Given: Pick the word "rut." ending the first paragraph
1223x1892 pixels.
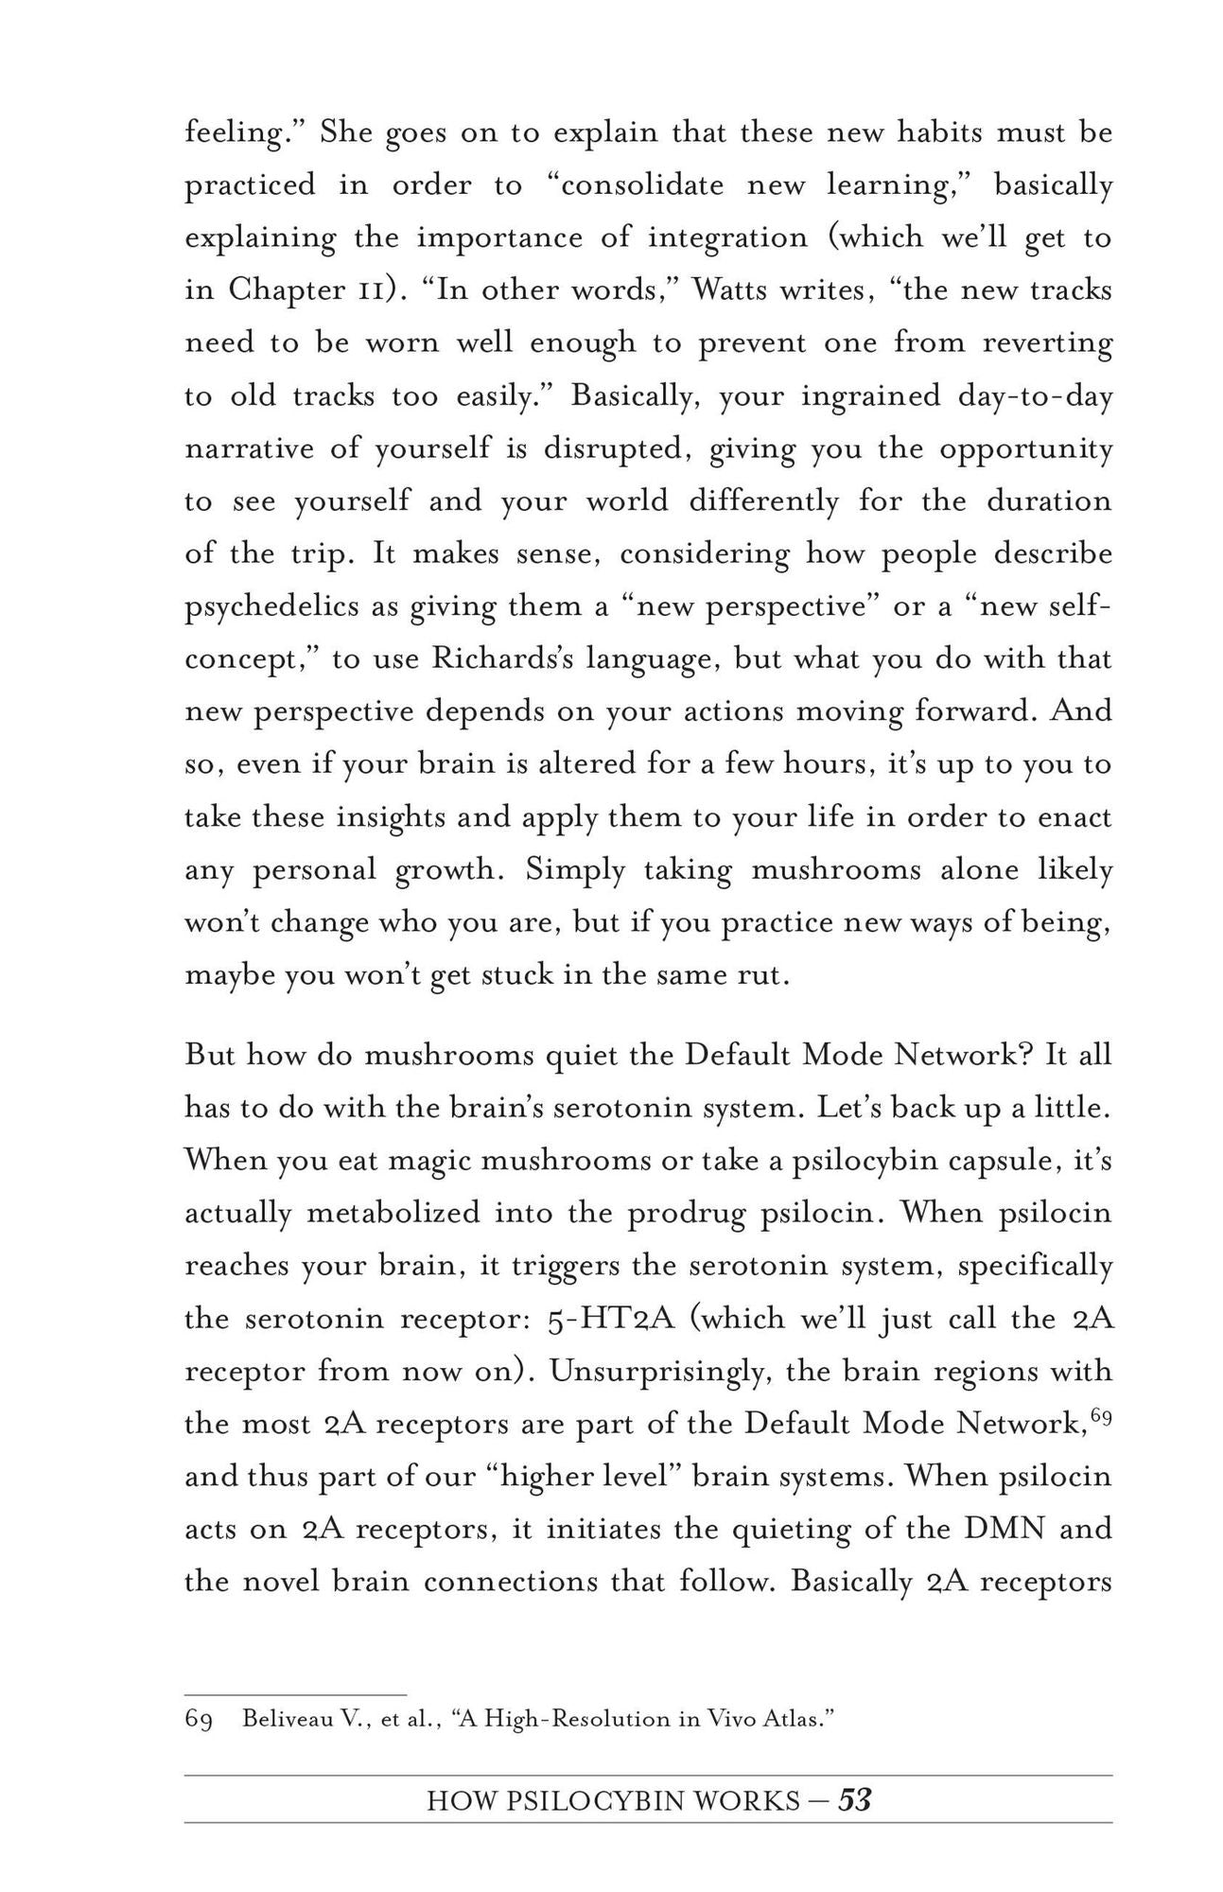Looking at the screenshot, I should point(762,975).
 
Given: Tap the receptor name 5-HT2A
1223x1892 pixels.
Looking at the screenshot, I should point(610,1319).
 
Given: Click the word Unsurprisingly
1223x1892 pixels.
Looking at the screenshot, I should point(658,1372).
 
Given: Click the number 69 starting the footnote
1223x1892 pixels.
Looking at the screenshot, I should point(198,1719).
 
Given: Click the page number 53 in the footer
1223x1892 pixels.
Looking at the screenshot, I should point(854,1800).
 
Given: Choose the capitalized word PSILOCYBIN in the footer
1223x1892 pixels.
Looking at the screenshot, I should point(596,1801).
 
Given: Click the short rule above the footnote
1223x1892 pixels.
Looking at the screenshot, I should point(295,1693).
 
